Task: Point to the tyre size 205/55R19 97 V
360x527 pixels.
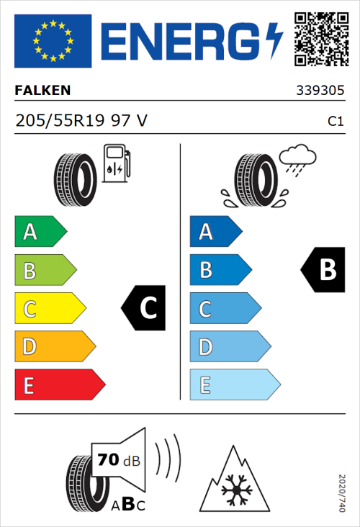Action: click(81, 121)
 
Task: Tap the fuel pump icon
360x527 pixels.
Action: click(116, 163)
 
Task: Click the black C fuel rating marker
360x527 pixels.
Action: click(145, 308)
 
